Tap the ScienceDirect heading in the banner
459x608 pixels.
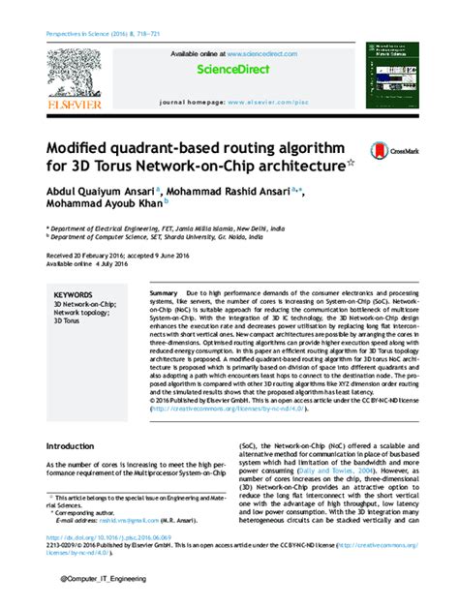tap(229, 70)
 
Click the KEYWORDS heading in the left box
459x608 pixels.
tap(74, 294)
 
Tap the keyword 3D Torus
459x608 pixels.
tap(69, 320)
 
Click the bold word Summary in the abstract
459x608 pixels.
tap(164, 292)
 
